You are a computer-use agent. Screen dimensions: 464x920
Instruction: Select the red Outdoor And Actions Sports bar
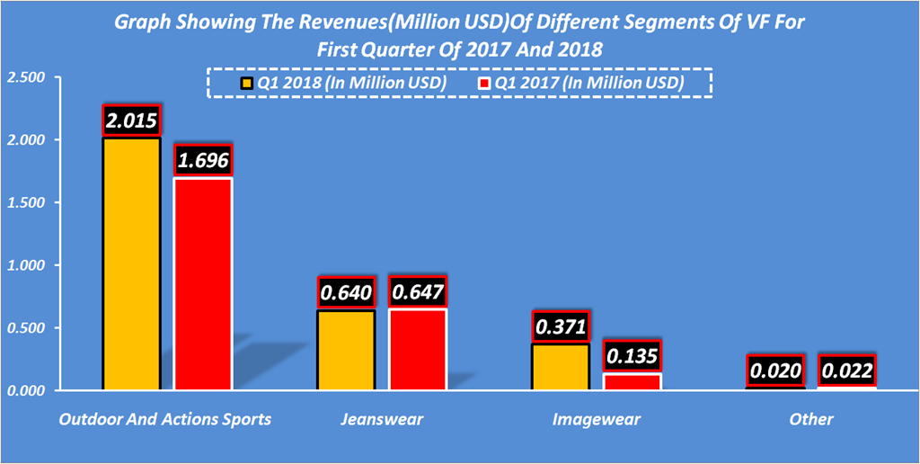point(203,284)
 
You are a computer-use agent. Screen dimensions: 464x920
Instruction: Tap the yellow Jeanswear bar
point(346,350)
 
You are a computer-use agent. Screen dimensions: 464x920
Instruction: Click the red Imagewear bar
point(632,381)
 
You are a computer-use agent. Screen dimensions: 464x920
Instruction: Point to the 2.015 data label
point(131,120)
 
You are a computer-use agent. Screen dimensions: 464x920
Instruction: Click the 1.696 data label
point(203,161)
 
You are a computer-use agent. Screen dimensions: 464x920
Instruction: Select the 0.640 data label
point(346,293)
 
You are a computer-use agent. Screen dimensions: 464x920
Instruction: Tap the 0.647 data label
point(417,292)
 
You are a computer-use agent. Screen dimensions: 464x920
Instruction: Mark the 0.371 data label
point(560,327)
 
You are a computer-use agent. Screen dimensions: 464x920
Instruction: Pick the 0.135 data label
point(632,356)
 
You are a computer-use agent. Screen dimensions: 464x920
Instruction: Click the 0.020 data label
point(775,370)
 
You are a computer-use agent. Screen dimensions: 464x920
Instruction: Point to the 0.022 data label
point(846,370)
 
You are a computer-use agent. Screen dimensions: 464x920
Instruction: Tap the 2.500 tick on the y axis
point(24,78)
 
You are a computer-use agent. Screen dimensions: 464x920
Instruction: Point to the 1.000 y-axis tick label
point(24,265)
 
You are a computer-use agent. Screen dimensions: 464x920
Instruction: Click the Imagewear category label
point(597,419)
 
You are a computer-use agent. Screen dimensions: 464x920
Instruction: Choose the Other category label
point(811,419)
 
